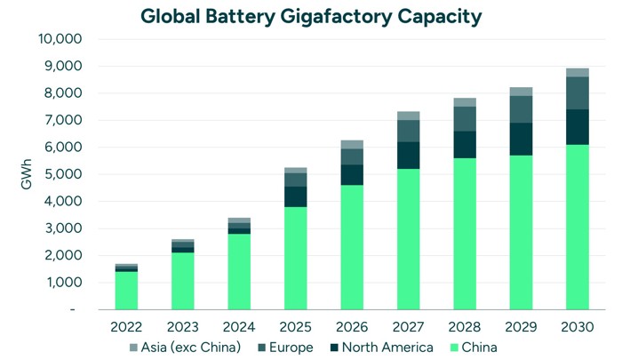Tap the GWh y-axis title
coord(26,174)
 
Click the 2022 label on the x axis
coord(126,326)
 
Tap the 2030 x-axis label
coord(577,326)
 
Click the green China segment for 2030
coord(577,227)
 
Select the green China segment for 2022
coord(126,290)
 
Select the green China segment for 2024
coord(239,271)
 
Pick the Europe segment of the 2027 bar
coord(408,131)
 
